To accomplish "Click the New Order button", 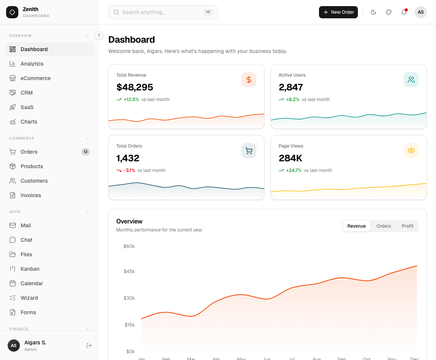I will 338,12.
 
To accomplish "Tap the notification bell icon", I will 404,12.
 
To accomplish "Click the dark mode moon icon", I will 373,12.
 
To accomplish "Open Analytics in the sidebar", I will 32,64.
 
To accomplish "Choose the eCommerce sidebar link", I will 35,78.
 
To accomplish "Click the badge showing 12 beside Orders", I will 85,152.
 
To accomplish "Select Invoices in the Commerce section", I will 30,195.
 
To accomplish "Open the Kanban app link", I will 30,269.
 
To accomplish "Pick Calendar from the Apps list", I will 32,283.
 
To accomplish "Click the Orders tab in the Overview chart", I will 383,226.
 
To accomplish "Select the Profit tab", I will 407,226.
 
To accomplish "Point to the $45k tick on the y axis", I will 129,272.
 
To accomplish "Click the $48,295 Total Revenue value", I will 135,87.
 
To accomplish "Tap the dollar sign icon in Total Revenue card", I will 248,80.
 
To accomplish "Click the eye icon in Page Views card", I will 411,151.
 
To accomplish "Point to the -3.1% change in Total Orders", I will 129,170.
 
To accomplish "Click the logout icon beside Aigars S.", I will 89,346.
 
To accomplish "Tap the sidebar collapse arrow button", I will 99,35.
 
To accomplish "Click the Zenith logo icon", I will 12,12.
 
